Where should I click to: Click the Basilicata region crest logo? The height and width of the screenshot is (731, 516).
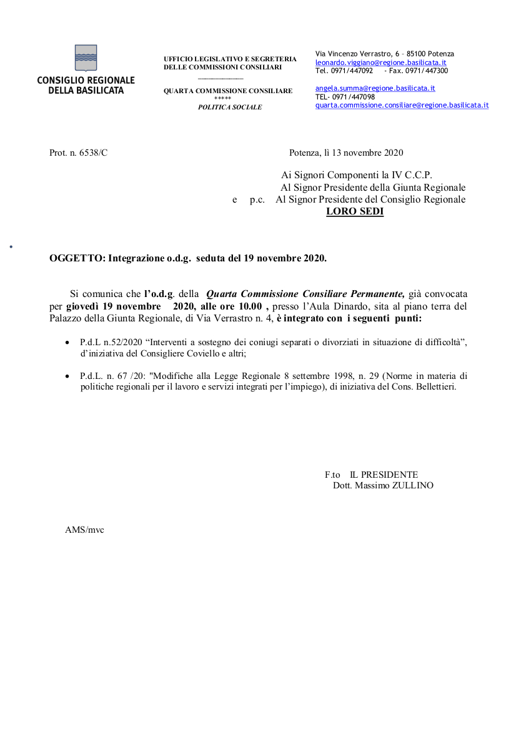point(86,58)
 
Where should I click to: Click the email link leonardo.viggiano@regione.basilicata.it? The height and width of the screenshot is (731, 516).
point(380,63)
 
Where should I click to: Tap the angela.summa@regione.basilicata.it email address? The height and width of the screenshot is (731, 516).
point(375,89)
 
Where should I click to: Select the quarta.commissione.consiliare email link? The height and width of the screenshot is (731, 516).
point(402,105)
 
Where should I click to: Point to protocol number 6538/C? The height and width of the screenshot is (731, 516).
point(93,153)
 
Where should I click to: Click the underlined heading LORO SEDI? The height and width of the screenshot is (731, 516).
point(355,211)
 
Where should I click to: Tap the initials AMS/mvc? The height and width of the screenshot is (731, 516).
point(84,530)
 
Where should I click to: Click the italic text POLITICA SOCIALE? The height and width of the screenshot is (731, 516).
point(230,107)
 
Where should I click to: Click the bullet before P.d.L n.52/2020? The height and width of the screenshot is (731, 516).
point(67,343)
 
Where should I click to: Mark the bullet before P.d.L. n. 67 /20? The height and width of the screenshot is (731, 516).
point(67,376)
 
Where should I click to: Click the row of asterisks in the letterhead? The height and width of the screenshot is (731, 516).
point(222,99)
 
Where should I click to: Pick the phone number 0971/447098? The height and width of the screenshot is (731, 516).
point(354,97)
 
